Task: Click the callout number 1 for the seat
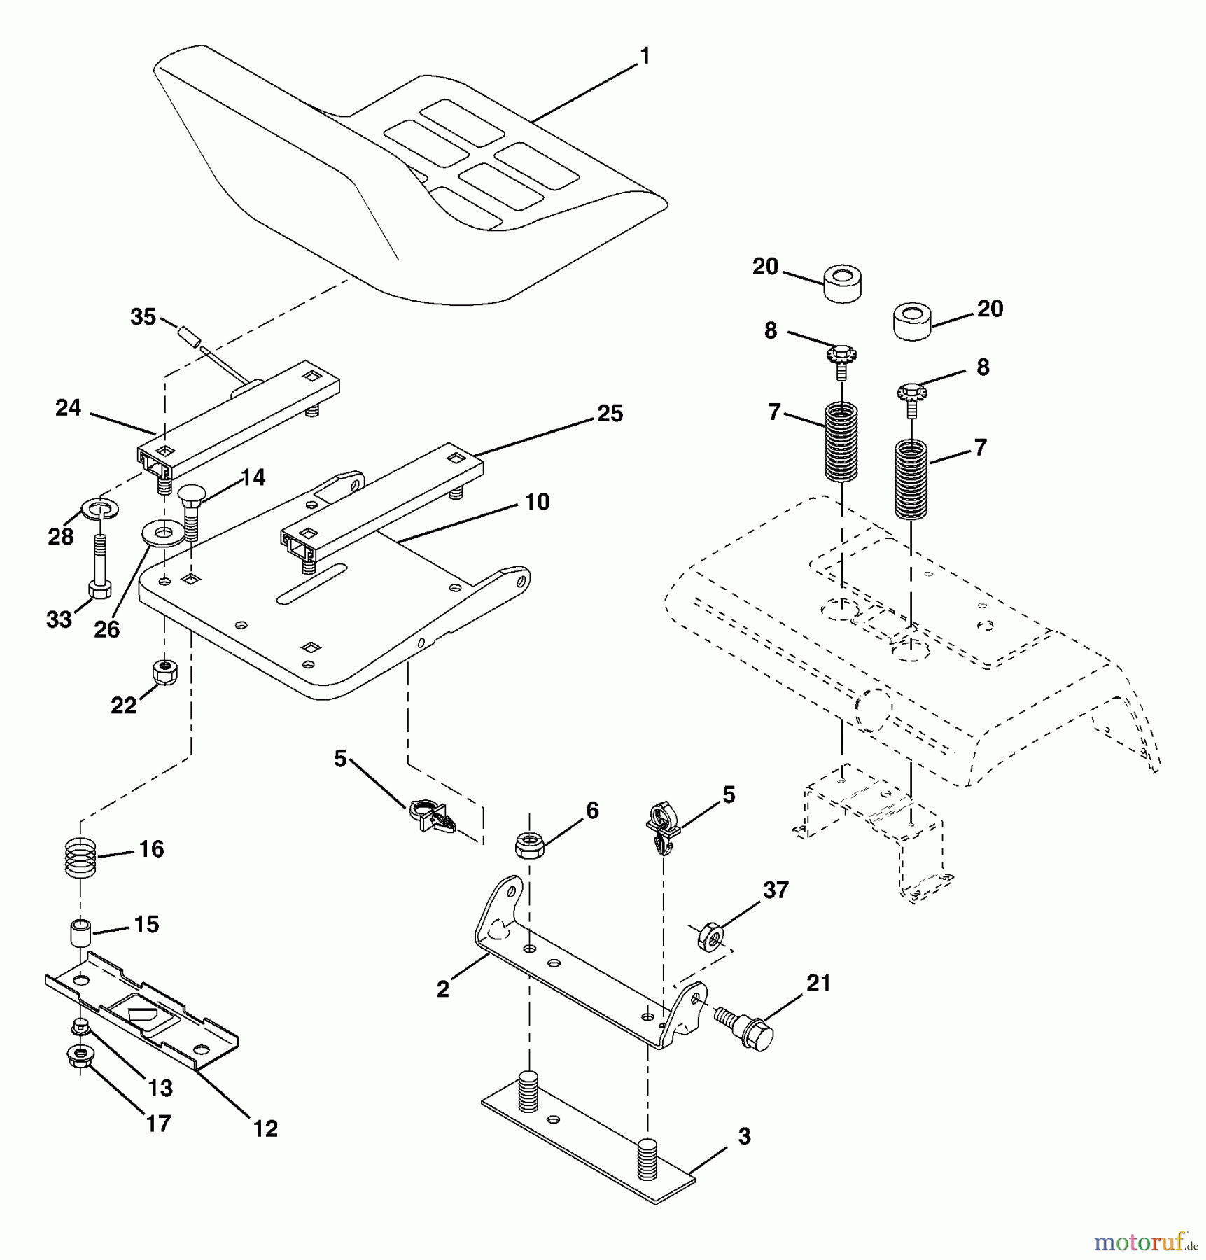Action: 645,56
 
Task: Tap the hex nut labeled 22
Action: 164,673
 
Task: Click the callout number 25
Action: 609,414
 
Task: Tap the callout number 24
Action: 69,408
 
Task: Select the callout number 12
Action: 265,1128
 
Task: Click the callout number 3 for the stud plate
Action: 743,1136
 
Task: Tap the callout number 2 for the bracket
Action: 442,989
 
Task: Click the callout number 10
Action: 537,502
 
